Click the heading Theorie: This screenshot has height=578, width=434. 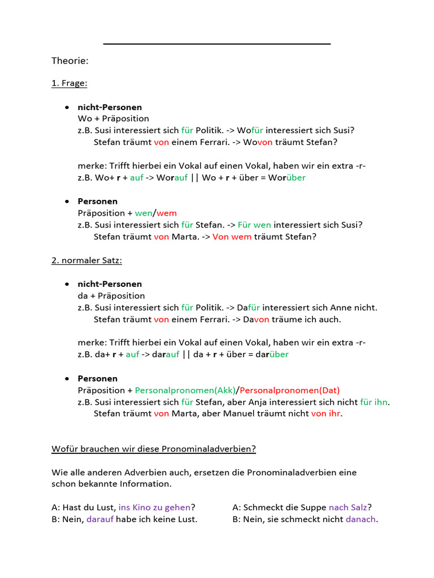70,60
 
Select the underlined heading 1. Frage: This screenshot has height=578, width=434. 69,84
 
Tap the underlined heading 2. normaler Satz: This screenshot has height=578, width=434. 86,260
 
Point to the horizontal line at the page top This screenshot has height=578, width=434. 217,43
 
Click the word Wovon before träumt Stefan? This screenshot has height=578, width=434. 258,142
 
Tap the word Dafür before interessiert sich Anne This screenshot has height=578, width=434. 249,308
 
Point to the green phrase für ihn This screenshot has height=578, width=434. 374,402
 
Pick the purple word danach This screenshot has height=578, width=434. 361,519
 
